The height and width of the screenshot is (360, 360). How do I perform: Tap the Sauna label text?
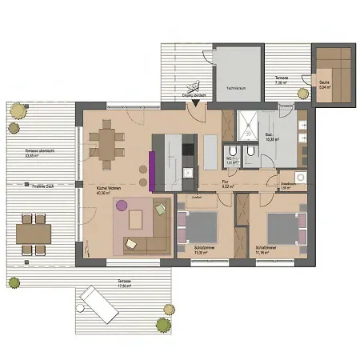coord(324,86)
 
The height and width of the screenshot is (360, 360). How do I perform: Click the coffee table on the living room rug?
coord(134,218)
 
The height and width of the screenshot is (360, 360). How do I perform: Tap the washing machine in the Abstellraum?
coord(301,178)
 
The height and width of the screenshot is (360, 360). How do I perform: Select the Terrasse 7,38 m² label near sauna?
coord(281,80)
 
